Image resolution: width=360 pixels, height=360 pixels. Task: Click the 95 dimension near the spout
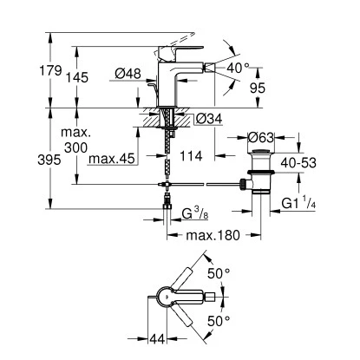pyautogui.click(x=258, y=87)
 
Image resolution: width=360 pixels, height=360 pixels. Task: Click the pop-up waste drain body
pyautogui.click(x=261, y=170)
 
